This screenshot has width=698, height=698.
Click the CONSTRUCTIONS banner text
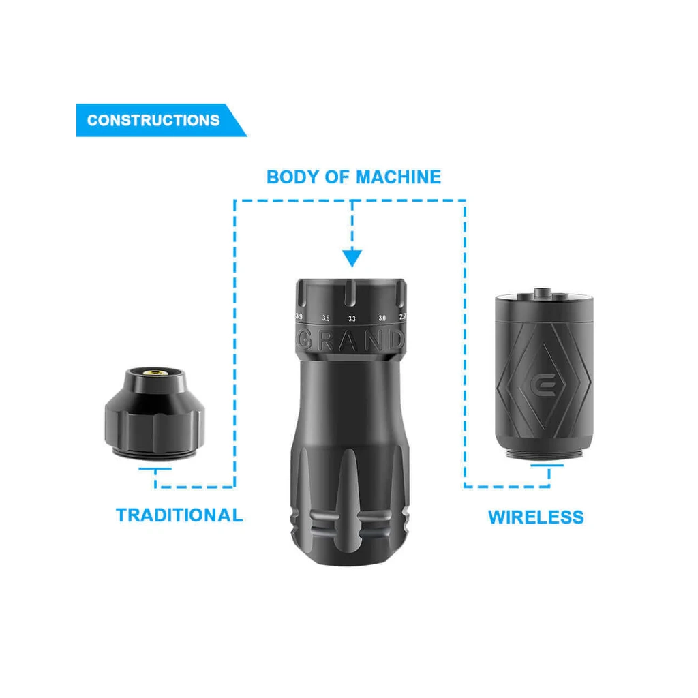(153, 120)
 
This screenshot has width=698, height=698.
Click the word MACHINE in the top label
(398, 177)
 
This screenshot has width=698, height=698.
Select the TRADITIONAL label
(179, 515)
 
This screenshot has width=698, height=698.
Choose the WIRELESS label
(536, 517)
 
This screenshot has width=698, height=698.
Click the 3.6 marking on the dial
(326, 318)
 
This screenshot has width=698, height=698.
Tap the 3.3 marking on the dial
(352, 319)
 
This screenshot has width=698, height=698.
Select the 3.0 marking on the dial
(382, 318)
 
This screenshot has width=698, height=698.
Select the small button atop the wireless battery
(543, 292)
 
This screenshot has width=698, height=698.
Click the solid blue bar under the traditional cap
(155, 468)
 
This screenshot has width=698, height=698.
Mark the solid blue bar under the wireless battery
(547, 466)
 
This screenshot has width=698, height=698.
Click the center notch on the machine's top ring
(350, 293)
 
